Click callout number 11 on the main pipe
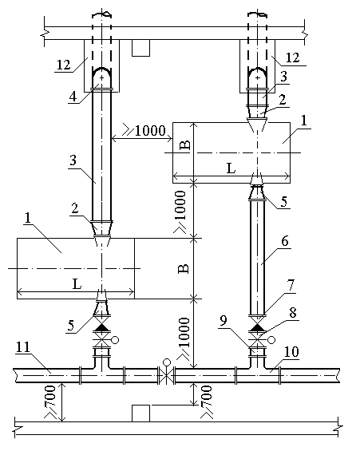pyautogui.click(x=23, y=347)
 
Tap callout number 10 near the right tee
pyautogui.click(x=291, y=352)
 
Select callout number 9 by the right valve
pyautogui.click(x=223, y=321)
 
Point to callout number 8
pyautogui.click(x=292, y=313)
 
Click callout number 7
pyautogui.click(x=291, y=286)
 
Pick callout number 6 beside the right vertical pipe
pyautogui.click(x=285, y=241)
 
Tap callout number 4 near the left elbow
pyautogui.click(x=73, y=97)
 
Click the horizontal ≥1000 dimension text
pyautogui.click(x=144, y=130)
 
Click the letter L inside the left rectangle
pyautogui.click(x=77, y=284)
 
